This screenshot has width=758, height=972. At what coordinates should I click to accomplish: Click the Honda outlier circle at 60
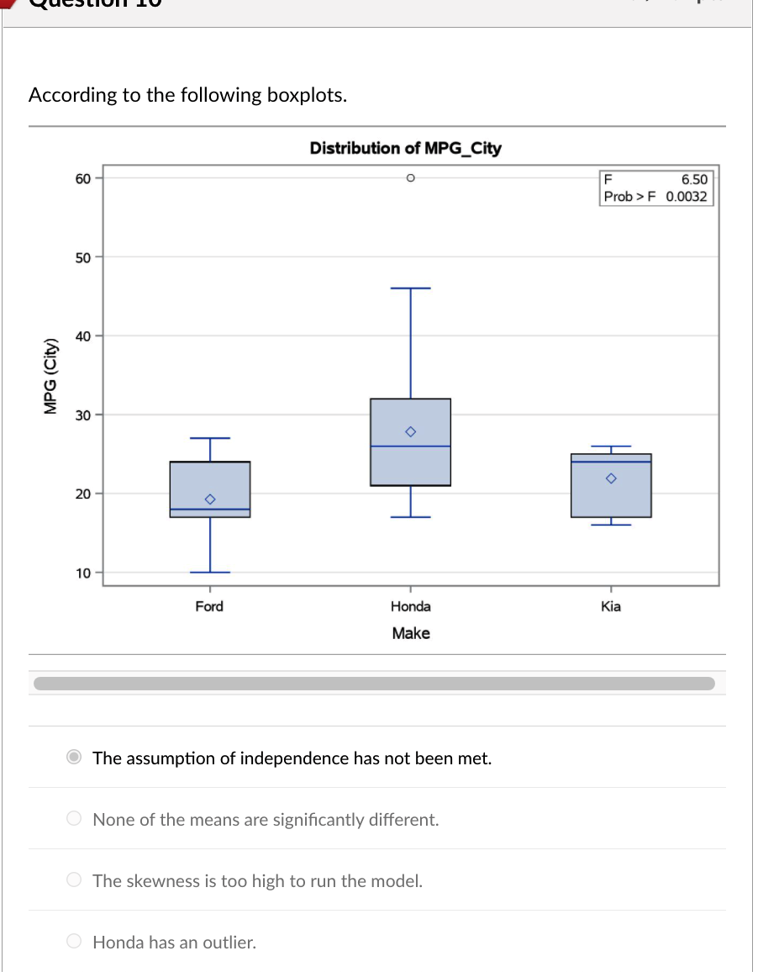(x=410, y=178)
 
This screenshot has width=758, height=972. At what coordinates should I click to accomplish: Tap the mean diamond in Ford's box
(x=210, y=499)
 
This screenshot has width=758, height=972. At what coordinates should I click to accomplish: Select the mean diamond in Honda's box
(x=410, y=431)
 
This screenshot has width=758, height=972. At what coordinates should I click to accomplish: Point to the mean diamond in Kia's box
(x=611, y=478)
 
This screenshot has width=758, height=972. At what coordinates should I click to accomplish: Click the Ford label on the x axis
(x=209, y=606)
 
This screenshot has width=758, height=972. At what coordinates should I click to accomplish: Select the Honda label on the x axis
(x=410, y=606)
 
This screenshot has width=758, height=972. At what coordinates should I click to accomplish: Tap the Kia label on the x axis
(x=611, y=606)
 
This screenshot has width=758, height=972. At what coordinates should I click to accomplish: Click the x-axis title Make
(x=410, y=633)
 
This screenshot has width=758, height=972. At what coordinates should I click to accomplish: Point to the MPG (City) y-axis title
(x=52, y=375)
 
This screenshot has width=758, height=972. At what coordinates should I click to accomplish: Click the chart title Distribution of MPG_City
(x=405, y=149)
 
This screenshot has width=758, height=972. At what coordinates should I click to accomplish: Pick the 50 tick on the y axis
(x=82, y=256)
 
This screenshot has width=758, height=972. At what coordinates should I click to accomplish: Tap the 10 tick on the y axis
(x=82, y=573)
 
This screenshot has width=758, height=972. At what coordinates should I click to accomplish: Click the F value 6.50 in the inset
(x=694, y=179)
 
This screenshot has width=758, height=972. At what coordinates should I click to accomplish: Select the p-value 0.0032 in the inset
(x=687, y=197)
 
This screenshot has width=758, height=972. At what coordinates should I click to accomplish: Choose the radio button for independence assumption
(x=75, y=758)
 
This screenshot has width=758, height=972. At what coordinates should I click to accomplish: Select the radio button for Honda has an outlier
(x=75, y=942)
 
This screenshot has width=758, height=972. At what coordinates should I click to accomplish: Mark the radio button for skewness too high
(x=75, y=880)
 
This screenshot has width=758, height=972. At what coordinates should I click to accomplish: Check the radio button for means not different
(x=75, y=819)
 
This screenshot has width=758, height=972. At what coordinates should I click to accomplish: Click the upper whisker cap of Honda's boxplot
(x=410, y=288)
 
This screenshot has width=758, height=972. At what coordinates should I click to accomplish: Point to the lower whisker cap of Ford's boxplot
(x=210, y=572)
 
